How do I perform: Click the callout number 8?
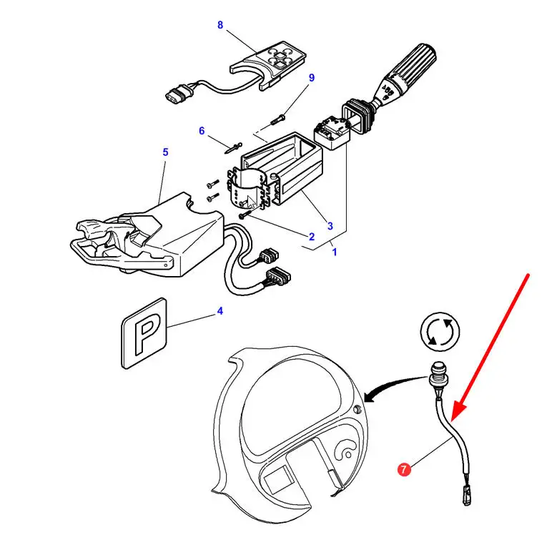(x=220, y=25)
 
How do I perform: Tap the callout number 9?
(x=311, y=77)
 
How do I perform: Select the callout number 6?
(x=202, y=131)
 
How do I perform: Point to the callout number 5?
(x=165, y=152)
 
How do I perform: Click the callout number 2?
(x=312, y=237)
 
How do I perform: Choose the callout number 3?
(x=330, y=226)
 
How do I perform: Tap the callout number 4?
(x=220, y=311)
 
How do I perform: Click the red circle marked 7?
(x=405, y=470)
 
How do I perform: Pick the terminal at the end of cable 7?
(x=465, y=493)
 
